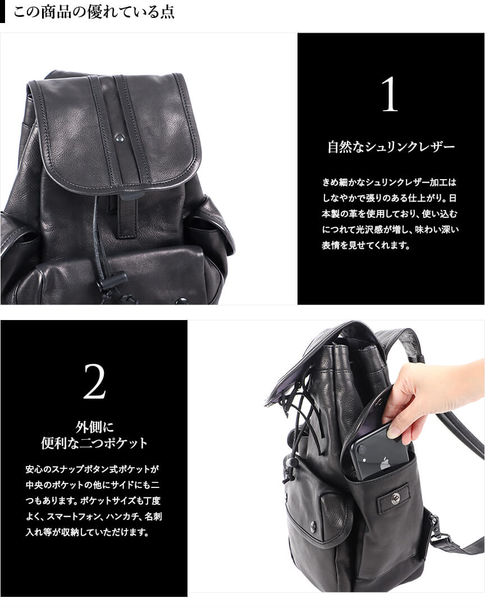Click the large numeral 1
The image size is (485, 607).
(x=390, y=94)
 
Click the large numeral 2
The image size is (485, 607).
(x=94, y=382)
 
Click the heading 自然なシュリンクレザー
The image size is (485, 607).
(x=391, y=147)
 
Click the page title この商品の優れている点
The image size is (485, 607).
(x=94, y=12)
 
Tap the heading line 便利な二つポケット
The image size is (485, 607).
(x=94, y=443)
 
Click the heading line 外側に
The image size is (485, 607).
(x=94, y=427)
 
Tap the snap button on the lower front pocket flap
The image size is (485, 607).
(x=313, y=525)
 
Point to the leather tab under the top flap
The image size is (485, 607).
(x=126, y=216)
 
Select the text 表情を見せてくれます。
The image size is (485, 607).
(x=366, y=245)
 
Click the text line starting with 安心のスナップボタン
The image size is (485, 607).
(x=93, y=469)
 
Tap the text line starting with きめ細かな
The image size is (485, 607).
(x=389, y=182)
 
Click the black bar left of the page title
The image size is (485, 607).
(x=2, y=12)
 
